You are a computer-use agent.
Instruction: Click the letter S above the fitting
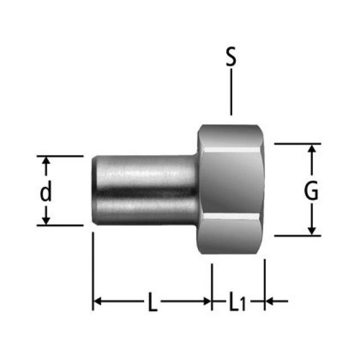231,58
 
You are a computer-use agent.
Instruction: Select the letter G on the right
311,192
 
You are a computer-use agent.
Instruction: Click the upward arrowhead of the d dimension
47,161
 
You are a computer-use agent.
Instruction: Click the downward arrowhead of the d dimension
47,220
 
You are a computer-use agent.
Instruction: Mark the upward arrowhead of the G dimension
313,148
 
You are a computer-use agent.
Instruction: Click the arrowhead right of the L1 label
269,301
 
